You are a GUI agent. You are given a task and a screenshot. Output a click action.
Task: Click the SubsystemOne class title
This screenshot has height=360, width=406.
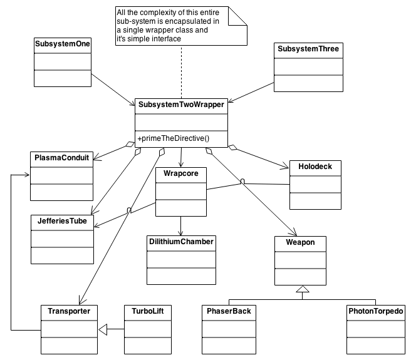tap(63, 44)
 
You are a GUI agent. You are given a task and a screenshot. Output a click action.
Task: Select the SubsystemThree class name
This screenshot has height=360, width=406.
tap(308, 49)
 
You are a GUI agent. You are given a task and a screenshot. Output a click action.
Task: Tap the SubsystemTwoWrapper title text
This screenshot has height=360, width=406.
tap(181, 105)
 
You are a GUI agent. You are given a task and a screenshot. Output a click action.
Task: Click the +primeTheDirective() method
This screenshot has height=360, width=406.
tap(174, 138)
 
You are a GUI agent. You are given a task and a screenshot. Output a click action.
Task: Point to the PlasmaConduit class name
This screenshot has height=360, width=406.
tap(61, 158)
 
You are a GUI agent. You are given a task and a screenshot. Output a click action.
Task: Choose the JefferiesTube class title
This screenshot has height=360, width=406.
tap(62, 221)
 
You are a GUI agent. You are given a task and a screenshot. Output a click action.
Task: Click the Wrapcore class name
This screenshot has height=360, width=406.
tap(181, 173)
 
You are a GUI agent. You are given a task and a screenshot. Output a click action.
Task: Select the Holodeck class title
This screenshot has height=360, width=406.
tap(315, 167)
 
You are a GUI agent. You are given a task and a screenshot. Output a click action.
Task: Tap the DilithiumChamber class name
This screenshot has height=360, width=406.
tap(181, 242)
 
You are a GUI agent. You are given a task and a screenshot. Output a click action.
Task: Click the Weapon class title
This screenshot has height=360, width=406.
tap(300, 242)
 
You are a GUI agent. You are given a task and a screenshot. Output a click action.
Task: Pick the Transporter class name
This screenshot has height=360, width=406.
tap(69, 311)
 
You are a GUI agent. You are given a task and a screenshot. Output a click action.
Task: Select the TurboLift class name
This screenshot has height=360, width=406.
tap(148, 311)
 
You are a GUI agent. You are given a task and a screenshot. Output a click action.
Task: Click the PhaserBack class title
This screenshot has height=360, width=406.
tap(229, 311)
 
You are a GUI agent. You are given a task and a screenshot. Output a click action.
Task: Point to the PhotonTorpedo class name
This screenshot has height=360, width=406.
tap(376, 311)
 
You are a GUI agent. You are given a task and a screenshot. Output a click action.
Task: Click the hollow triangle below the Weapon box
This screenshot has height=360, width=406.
tap(303, 289)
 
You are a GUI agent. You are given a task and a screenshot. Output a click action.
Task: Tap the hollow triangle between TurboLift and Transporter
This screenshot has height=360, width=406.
tap(103, 329)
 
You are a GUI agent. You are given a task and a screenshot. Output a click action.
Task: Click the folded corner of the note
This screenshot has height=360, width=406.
tap(237, 16)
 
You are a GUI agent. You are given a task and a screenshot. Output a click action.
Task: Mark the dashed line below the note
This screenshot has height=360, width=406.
tap(181, 72)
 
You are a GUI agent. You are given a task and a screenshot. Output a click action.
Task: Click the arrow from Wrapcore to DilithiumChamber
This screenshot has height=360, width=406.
tap(180, 225)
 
